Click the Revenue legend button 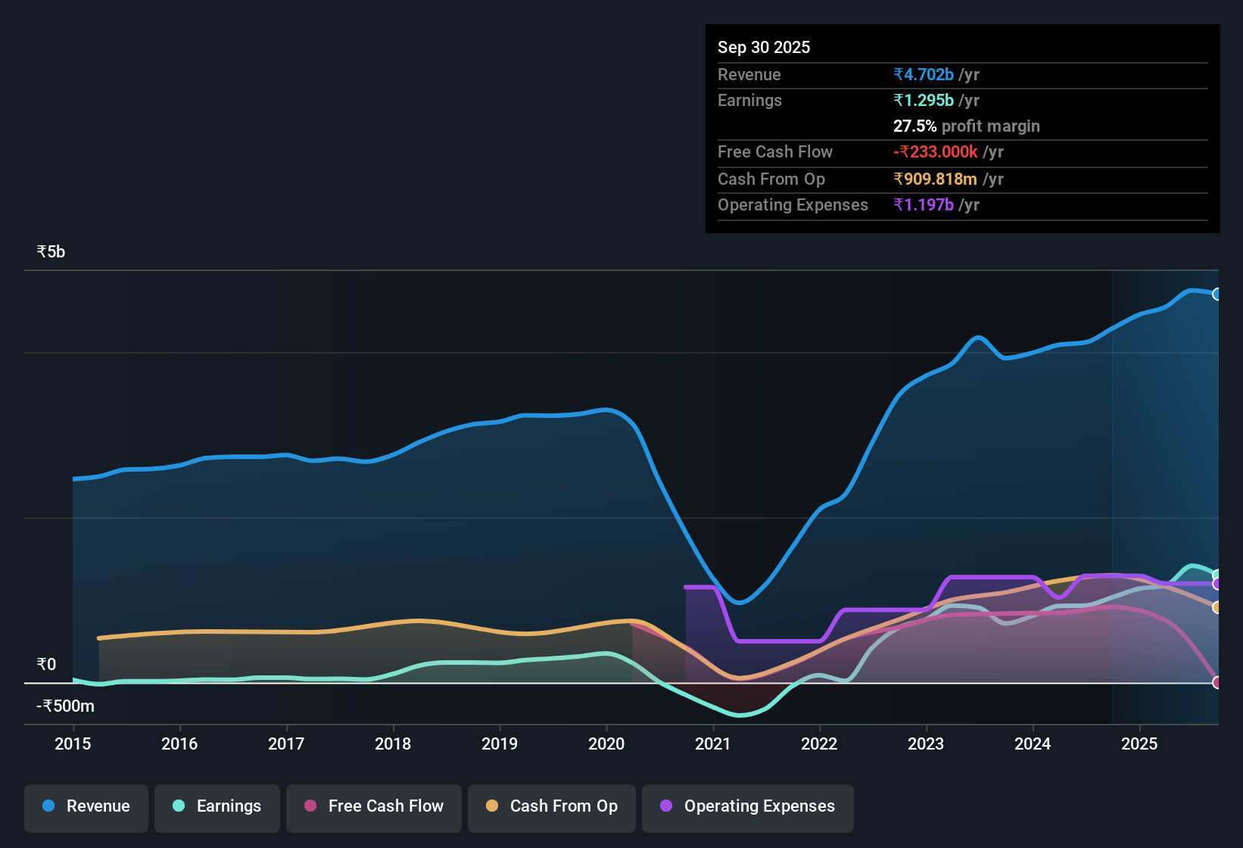[x=86, y=806]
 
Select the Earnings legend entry [x=217, y=806]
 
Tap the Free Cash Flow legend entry [x=374, y=806]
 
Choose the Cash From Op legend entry [x=552, y=806]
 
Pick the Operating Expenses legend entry [x=748, y=806]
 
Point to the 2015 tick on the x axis [x=73, y=744]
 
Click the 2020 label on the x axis [x=606, y=744]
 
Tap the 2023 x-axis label [x=926, y=744]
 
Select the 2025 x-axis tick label [x=1139, y=744]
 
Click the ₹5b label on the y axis [x=51, y=251]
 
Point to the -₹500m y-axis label [x=66, y=706]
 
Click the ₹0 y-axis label [x=46, y=664]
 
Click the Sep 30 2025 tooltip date [x=763, y=47]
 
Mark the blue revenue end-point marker [x=1217, y=294]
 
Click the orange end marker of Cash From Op [x=1217, y=607]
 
